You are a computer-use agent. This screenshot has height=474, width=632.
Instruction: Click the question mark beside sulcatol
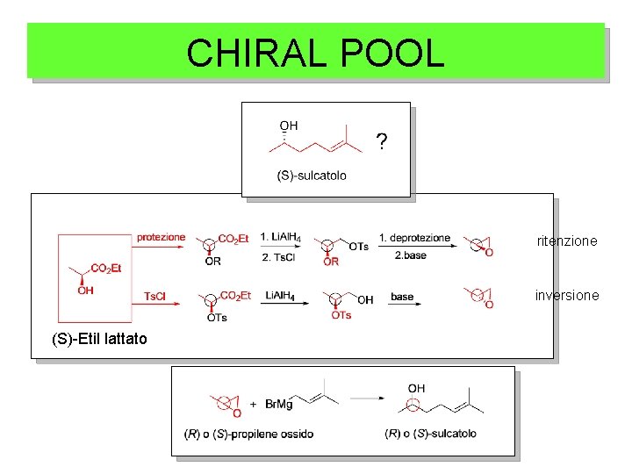coord(381,140)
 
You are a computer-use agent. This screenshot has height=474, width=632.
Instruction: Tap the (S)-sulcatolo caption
coord(312,176)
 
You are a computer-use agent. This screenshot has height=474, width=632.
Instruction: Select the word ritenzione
coord(567,241)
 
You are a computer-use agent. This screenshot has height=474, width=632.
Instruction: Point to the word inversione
coord(567,296)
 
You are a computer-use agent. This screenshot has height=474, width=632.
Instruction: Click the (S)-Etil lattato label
coord(99,339)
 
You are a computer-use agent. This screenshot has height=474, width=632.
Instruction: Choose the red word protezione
coord(161,237)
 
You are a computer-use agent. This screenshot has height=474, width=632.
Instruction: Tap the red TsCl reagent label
coord(155,297)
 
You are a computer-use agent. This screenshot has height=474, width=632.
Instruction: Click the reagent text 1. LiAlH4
coord(281,238)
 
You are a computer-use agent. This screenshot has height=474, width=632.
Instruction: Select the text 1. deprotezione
coord(414,238)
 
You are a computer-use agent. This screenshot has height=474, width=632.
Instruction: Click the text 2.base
coord(412,256)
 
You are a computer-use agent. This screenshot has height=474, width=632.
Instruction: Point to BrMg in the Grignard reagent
coord(278,405)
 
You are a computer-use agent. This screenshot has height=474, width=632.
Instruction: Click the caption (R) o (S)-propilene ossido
coord(249,434)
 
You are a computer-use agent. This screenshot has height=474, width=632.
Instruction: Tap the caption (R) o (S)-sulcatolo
coord(430,434)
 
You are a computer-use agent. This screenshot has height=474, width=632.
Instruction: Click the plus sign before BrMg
coord(253,405)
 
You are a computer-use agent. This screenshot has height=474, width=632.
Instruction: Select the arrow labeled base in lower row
coord(403,304)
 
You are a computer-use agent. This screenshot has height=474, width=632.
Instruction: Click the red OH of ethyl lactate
coord(85,291)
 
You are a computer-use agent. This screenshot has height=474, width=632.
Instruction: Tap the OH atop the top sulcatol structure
coord(288,126)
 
